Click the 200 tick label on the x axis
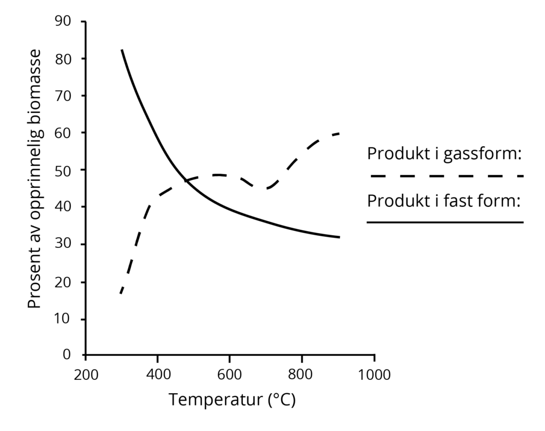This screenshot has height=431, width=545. [85, 374]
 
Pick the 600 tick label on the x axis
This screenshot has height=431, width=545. [229, 374]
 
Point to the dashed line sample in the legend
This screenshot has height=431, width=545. [445, 176]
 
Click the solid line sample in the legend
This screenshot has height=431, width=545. [445, 222]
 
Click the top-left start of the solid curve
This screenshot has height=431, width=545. [122, 50]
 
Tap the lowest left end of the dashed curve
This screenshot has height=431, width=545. [121, 293]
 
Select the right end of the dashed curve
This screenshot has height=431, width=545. [339, 133]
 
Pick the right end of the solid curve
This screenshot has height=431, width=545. [339, 237]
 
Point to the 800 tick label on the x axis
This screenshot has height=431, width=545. [301, 374]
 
